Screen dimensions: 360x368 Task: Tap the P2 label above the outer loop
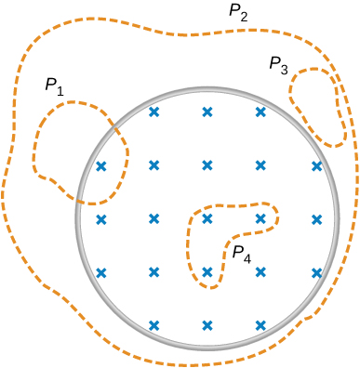[238, 13]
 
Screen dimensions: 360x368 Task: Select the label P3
[278, 65]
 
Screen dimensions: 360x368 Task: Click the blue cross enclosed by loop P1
[101, 166]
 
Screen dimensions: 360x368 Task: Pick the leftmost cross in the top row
[154, 112]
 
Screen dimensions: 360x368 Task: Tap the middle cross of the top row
[207, 112]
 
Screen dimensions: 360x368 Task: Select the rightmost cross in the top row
[260, 112]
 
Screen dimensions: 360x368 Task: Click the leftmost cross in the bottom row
[154, 325]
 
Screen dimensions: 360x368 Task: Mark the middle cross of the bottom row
[207, 325]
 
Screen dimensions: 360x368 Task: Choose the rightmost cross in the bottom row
[260, 325]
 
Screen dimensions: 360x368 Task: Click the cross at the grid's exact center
[207, 219]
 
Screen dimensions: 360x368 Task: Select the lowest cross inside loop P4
[207, 272]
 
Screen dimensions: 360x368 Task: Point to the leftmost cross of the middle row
[101, 219]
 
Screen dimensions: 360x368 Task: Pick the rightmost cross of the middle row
[317, 219]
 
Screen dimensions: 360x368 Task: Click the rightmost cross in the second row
[317, 166]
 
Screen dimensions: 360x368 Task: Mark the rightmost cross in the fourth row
[317, 272]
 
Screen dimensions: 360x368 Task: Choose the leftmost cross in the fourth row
[101, 272]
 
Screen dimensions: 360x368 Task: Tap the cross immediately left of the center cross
[154, 219]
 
